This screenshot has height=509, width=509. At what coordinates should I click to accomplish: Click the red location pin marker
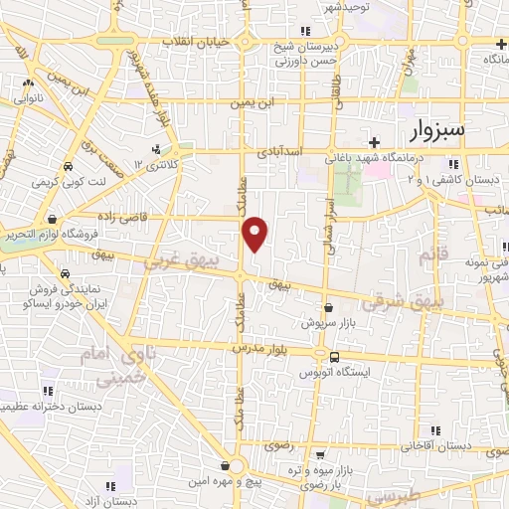click(x=255, y=234)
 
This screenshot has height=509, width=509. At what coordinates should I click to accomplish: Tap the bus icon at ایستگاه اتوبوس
click(x=334, y=357)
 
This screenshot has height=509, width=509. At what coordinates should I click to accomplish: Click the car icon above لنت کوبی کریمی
click(x=67, y=166)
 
